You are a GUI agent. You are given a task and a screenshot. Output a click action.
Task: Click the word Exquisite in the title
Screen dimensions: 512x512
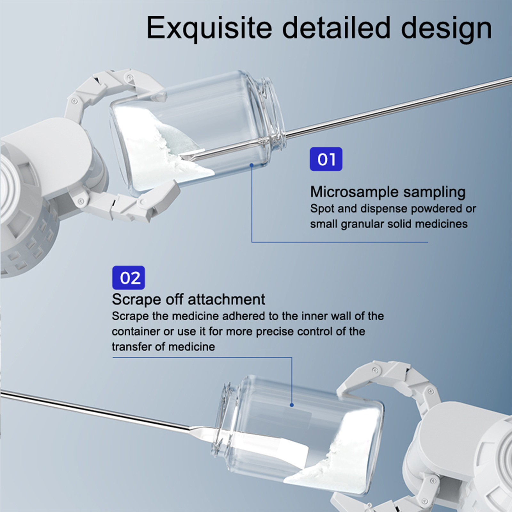point(209,28)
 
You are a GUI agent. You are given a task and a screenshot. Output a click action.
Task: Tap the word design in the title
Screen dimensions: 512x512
point(447,28)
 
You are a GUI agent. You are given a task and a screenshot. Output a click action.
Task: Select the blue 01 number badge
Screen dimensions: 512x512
point(326,159)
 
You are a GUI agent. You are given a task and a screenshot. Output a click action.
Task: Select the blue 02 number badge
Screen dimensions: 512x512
point(128,277)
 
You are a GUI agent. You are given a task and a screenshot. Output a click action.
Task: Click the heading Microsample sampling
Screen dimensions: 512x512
point(388,192)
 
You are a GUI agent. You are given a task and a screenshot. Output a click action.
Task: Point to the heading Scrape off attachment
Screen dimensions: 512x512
point(188,300)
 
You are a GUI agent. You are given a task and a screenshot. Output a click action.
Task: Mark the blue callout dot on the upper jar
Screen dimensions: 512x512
point(252,165)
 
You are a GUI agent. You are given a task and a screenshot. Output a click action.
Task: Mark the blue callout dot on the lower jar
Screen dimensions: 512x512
point(292,405)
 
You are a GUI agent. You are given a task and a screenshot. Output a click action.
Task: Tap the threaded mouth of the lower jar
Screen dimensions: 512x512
point(226,416)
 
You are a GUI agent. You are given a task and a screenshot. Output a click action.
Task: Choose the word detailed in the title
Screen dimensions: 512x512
point(336,28)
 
